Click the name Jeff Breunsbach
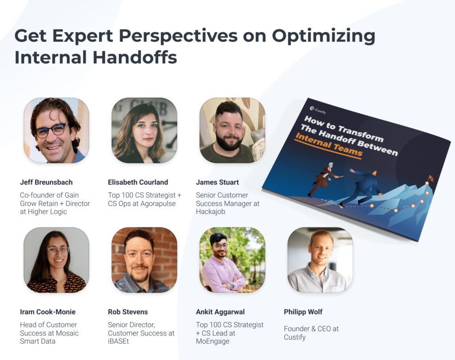click(x=46, y=182)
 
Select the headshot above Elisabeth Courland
click(x=144, y=130)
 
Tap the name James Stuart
click(x=217, y=182)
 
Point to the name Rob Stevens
click(x=128, y=312)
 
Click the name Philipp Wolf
click(x=303, y=312)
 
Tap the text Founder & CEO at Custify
click(x=311, y=333)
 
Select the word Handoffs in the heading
click(x=134, y=58)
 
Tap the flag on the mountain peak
click(x=430, y=178)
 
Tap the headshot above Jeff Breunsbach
click(x=56, y=130)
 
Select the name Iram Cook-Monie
click(x=48, y=312)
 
